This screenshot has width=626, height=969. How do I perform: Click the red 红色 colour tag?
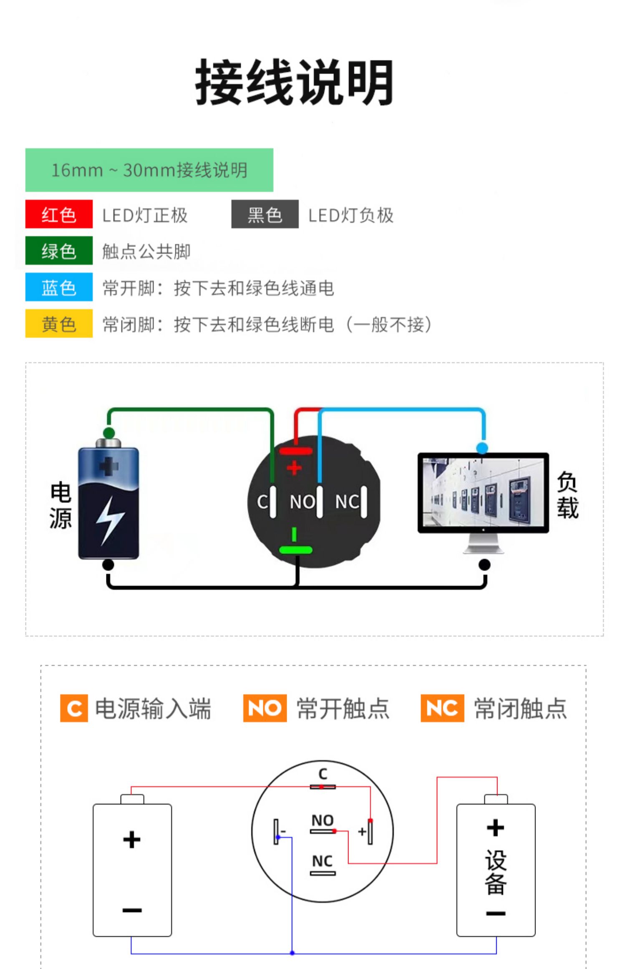coord(59,214)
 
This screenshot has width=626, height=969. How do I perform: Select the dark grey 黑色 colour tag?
coord(265,214)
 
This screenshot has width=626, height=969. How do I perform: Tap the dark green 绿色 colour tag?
coord(59,251)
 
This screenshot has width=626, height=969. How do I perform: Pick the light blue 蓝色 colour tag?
coord(59,287)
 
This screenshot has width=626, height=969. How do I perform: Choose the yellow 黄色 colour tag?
coord(59,323)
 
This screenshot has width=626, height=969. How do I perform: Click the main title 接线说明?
coord(294,82)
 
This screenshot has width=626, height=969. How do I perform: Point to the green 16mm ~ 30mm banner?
coord(149,170)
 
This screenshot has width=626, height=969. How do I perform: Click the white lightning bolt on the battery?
coord(109,520)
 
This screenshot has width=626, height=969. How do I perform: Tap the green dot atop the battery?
coord(109,432)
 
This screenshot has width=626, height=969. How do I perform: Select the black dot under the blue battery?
coord(108,565)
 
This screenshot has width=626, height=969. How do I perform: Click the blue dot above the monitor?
coord(482,448)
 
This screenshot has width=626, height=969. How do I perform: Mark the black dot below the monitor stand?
coord(484,565)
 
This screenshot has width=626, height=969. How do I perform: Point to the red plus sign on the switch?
coord(294,467)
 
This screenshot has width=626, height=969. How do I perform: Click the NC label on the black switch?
coord(346,502)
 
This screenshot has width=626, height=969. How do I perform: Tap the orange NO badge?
coord(265,708)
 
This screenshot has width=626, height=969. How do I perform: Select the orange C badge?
coord(74,708)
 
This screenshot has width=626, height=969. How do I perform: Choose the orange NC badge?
coord(442,708)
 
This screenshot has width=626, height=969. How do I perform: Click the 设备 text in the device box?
coord(495,873)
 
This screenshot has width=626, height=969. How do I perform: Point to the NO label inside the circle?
coord(322,820)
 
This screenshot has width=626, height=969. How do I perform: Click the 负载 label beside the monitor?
coord(567,495)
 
